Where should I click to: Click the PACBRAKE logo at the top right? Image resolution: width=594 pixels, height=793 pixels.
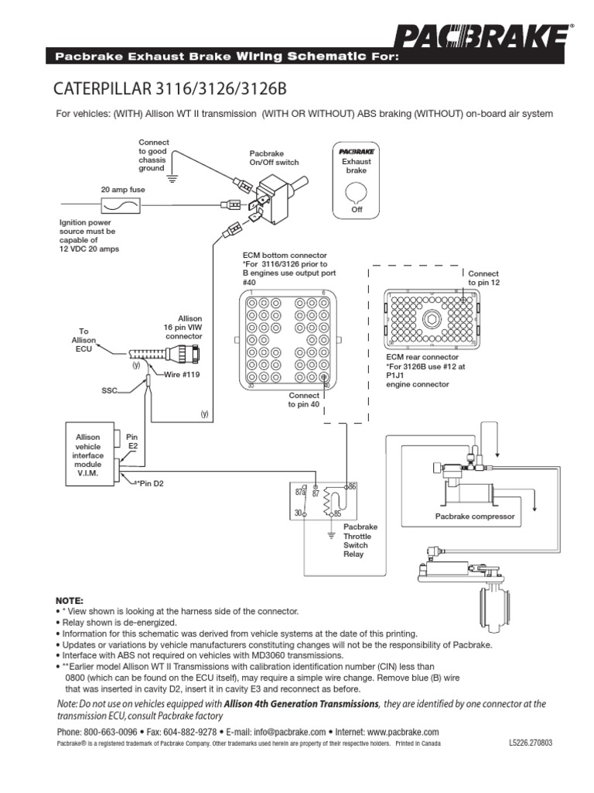click(x=486, y=37)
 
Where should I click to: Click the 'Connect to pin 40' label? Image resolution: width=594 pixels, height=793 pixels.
click(x=304, y=400)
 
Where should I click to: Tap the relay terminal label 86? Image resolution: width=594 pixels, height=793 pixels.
click(x=353, y=485)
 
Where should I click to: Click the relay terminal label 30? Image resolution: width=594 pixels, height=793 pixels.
click(x=298, y=513)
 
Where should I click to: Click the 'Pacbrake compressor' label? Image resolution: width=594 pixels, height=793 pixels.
click(x=474, y=516)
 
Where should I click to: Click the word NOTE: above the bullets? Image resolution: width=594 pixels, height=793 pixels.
click(x=68, y=601)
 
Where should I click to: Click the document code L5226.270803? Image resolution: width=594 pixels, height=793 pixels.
click(x=532, y=743)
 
